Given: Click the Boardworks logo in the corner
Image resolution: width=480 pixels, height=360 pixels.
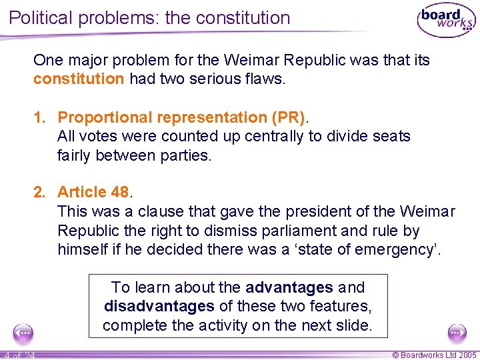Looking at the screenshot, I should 446,21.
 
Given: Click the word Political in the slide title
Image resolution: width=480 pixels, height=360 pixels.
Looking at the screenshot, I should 43,17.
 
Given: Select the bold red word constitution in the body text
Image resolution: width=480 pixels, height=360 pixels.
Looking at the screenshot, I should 79,79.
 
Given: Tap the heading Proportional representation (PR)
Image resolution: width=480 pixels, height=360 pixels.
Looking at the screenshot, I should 181,117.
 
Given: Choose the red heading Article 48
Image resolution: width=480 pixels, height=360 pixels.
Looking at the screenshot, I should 93,193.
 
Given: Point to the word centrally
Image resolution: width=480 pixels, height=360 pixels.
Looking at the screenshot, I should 277,137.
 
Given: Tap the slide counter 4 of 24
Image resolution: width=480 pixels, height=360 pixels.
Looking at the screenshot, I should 19,355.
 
